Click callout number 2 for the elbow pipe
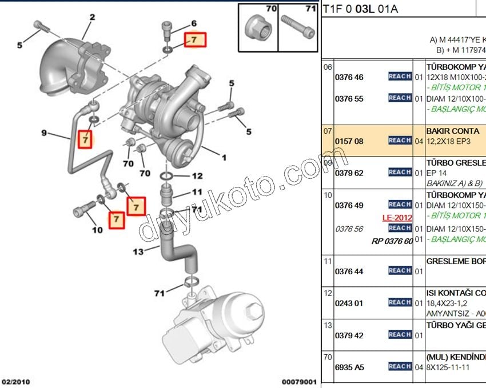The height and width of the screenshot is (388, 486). coord(91,18)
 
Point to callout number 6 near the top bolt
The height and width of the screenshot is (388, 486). coord(193,23)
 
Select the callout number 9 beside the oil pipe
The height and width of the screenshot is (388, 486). coord(44,133)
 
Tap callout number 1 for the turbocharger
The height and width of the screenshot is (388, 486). coord(224,157)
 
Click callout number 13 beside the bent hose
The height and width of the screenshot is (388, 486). coord(138,251)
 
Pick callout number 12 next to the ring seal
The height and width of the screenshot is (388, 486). coord(197,176)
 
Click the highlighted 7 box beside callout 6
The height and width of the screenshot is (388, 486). coord(194,40)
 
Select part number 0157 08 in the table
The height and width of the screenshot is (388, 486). coord(349,141)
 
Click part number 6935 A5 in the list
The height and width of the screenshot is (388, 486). coord(349,367)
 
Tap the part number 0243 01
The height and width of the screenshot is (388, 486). coord(349,303)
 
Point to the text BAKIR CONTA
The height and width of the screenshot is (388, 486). coord(453,131)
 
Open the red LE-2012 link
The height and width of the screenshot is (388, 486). coord(397,218)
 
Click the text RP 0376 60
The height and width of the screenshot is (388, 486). coord(392,241)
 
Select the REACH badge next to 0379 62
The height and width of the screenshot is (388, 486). coord(400,172)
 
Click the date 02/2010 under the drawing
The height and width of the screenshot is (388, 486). coord(16,381)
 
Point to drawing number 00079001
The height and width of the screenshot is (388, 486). coord(298,381)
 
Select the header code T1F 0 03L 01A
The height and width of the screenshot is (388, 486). coord(361,9)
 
